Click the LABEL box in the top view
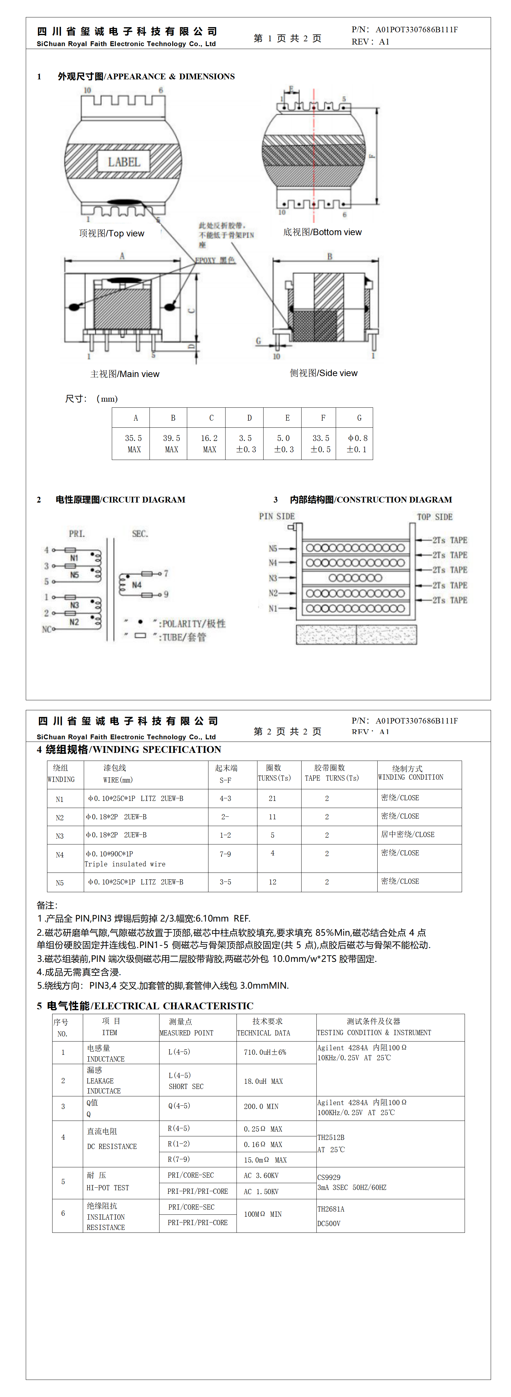pos(124,162)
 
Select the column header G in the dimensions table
pos(359,418)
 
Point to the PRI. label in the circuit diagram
pos(77,534)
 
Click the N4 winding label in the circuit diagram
pos(137,584)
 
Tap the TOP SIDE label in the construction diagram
pos(435,517)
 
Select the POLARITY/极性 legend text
pos(193,624)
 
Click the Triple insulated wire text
pos(125,864)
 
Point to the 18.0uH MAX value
pos(263,1081)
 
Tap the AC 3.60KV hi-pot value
pos(261,1175)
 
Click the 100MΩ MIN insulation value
pos(263,1214)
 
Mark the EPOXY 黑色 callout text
pos(215,260)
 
